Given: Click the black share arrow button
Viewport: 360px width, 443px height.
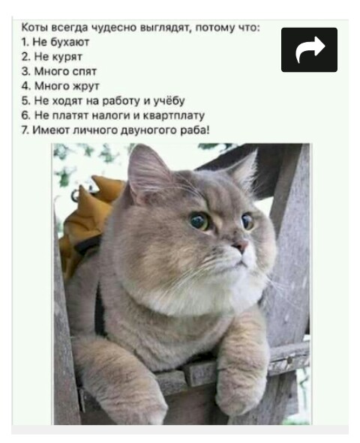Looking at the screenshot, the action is click(x=309, y=49).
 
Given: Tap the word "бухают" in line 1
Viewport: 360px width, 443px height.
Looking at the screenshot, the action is click(x=70, y=43).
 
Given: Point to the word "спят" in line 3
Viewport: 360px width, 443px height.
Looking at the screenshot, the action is click(x=85, y=72).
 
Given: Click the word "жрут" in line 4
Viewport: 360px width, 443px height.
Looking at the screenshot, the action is click(x=86, y=86).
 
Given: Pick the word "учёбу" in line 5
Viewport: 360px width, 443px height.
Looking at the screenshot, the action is click(x=169, y=100).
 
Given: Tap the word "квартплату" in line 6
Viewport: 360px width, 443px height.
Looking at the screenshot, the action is click(x=174, y=115).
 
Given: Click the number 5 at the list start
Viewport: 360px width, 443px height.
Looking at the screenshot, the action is click(x=25, y=100).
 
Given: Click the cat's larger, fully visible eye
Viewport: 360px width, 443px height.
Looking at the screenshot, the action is click(x=199, y=221).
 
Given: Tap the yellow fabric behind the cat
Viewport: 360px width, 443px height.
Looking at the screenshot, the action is click(x=88, y=217).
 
